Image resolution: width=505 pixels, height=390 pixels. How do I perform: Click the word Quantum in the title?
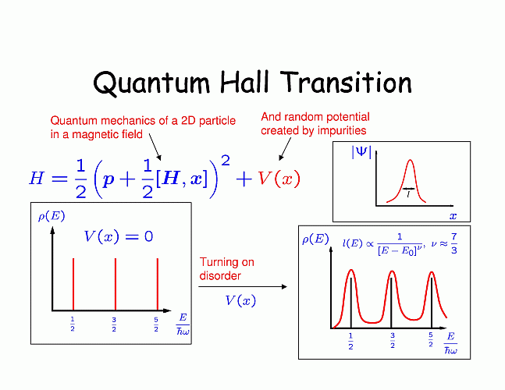coord(151,83)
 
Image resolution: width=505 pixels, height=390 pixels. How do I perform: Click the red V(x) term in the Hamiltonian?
coord(279,179)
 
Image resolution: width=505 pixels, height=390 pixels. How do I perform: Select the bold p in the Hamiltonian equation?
coord(108,180)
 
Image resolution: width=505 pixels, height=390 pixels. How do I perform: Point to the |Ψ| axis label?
coord(361,151)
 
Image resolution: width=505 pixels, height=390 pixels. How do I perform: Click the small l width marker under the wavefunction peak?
coord(408,193)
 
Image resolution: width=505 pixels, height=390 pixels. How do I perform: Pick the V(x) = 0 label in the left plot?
coord(118,236)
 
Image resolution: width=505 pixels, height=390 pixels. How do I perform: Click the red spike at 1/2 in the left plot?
coord(73,284)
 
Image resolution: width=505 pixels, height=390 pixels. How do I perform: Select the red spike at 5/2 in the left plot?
coord(158,284)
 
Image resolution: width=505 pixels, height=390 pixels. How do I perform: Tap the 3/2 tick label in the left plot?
coord(114,324)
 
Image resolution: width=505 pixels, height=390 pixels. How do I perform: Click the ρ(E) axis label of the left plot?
coord(52,216)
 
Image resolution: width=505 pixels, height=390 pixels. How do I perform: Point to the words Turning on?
coord(226,262)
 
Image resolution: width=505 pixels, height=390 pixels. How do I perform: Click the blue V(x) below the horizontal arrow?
coord(240,300)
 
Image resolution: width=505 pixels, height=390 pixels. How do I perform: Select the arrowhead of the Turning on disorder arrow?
coord(284,287)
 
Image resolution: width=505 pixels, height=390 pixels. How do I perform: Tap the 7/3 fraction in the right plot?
coord(453,243)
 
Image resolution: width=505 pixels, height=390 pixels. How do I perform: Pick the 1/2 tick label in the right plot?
coord(350,342)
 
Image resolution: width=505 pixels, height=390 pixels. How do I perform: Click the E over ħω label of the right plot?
coord(450,343)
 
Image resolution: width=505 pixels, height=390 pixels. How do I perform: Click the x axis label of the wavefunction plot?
coord(453,216)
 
